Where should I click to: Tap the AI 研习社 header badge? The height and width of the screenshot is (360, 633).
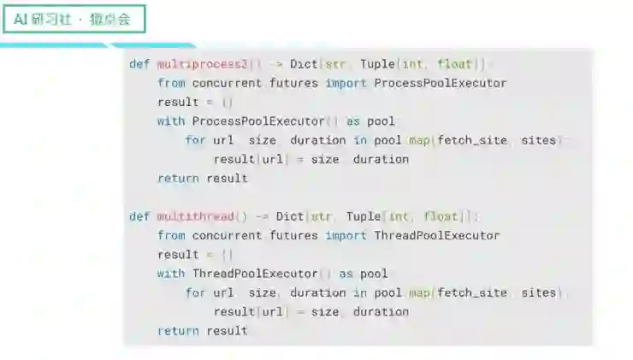click(74, 20)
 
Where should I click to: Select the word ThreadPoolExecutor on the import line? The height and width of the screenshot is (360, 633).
click(437, 235)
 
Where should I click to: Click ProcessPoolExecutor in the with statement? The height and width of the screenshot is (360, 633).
click(246, 121)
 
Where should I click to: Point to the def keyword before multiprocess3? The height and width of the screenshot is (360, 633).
click(139, 64)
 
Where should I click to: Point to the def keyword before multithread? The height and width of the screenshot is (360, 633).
click(139, 216)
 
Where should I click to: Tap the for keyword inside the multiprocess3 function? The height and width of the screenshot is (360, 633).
click(195, 140)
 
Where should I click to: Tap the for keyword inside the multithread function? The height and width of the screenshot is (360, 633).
click(195, 292)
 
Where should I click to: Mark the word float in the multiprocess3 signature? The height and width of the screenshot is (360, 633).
click(454, 64)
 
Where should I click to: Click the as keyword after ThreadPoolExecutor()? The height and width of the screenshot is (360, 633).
click(346, 274)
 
